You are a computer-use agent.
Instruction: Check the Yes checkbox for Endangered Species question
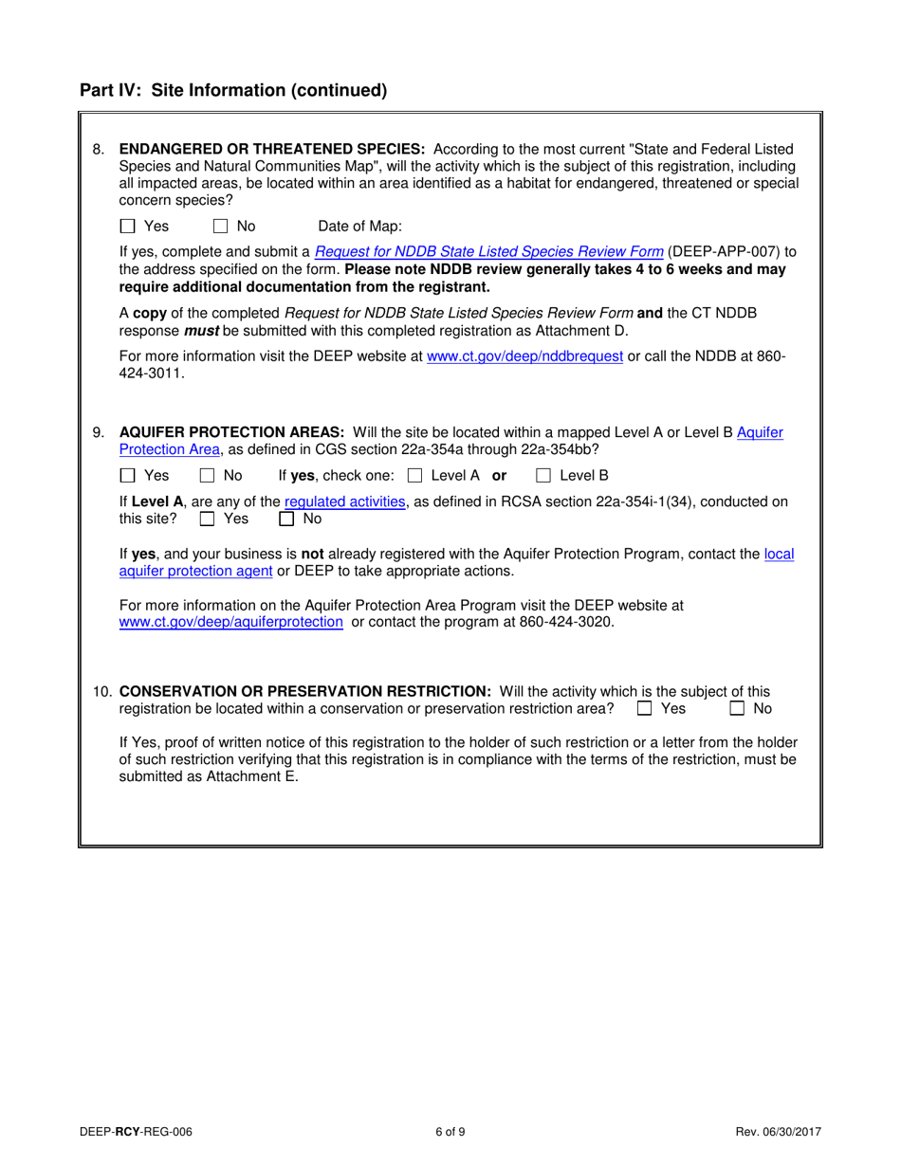tap(128, 227)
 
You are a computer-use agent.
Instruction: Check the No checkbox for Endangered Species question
tap(220, 227)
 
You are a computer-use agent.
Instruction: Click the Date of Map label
tap(359, 227)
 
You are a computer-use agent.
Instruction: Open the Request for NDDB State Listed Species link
tap(488, 251)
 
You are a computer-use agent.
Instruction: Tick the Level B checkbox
tap(543, 476)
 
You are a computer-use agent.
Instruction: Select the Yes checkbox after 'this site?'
tap(207, 519)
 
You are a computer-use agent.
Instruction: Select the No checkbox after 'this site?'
tap(286, 519)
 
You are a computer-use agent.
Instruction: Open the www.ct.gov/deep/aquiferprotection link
tap(230, 622)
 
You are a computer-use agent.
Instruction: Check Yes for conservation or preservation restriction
tap(645, 708)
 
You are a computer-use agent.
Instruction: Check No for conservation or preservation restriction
tap(737, 708)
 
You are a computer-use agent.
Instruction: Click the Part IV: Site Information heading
tap(233, 91)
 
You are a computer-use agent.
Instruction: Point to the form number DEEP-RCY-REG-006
tap(138, 1131)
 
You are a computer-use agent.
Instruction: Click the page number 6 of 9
tap(450, 1131)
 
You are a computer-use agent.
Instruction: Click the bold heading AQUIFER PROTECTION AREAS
tap(232, 432)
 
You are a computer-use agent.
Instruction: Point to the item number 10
tap(101, 691)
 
